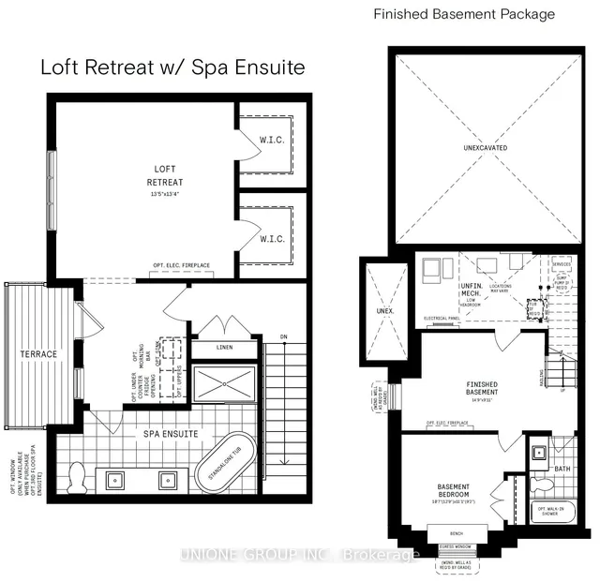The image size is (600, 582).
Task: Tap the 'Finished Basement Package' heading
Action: [x=464, y=14]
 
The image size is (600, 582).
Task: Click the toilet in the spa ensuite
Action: [x=78, y=477]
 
